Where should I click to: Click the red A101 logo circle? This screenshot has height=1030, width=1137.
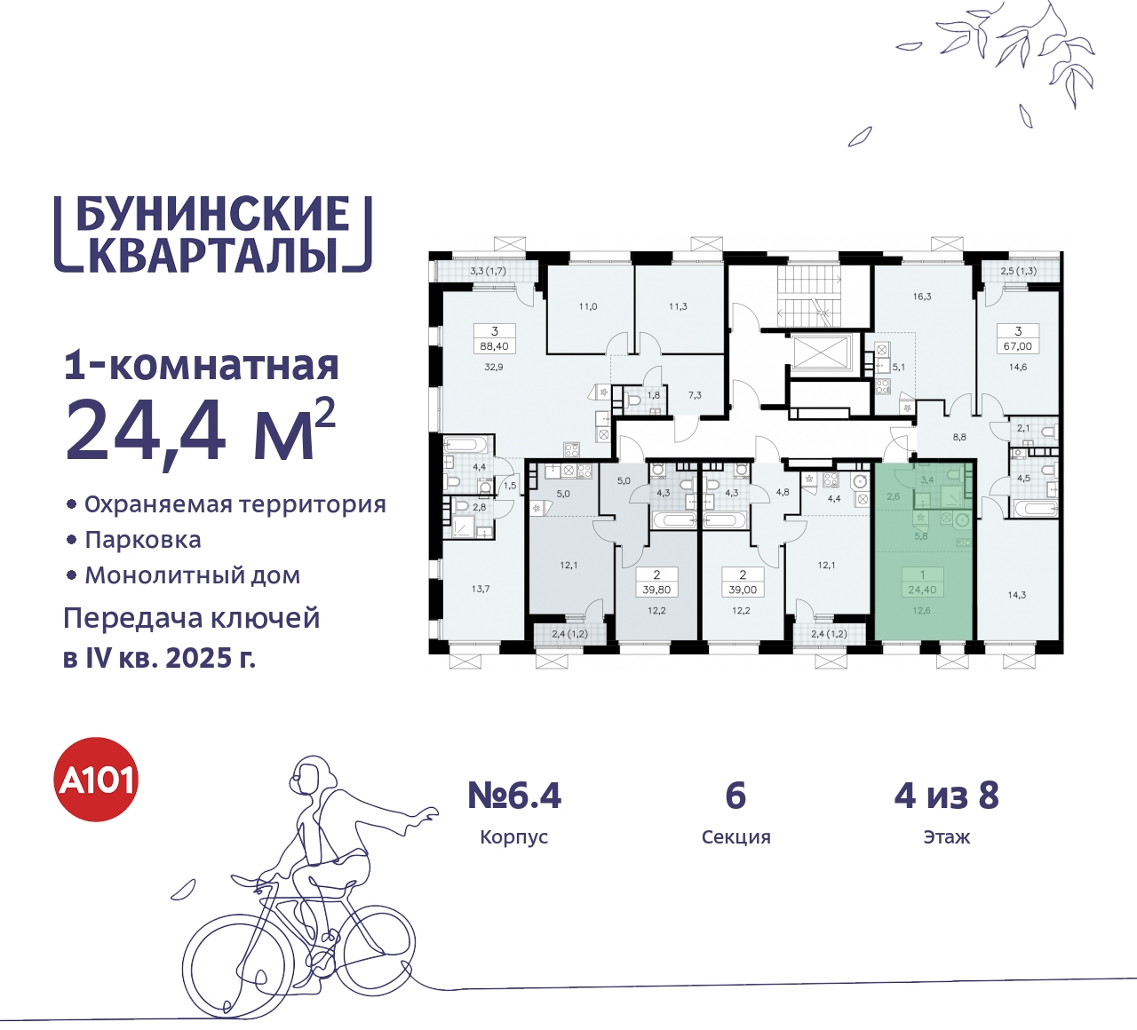tap(97, 780)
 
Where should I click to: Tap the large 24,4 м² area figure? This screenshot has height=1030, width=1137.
tap(200, 430)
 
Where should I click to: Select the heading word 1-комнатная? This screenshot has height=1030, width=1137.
tap(202, 366)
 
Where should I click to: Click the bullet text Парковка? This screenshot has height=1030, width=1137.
tap(143, 540)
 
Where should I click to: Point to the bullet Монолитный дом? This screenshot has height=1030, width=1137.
tap(192, 575)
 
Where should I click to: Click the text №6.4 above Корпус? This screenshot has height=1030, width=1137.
tap(514, 796)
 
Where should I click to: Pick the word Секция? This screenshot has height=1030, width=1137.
tap(735, 837)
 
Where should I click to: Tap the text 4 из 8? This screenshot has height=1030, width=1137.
tap(946, 796)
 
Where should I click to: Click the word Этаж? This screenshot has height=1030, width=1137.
tap(946, 837)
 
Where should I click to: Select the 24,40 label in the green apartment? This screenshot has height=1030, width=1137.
tap(922, 590)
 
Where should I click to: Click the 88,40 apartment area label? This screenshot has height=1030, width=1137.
tap(494, 346)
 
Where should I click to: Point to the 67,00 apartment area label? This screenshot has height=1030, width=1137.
tap(1018, 346)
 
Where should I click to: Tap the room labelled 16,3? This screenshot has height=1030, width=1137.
tap(922, 297)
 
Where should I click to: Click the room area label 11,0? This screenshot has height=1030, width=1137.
tap(588, 306)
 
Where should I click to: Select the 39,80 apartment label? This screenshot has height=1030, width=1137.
tap(656, 590)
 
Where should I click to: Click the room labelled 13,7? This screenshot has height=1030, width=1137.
tap(481, 589)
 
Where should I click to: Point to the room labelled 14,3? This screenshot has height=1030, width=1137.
tap(1017, 595)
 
